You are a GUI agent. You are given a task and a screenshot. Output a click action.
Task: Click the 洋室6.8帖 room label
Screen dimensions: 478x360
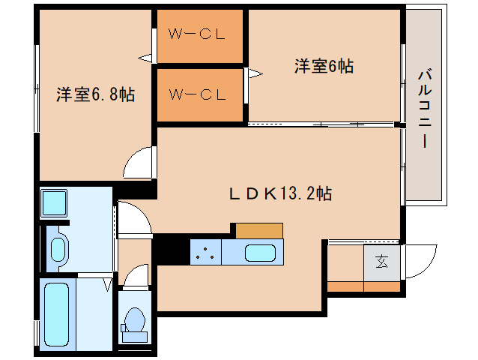[95, 94]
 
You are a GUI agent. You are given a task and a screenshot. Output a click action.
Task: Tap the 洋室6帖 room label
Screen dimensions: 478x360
[324, 66]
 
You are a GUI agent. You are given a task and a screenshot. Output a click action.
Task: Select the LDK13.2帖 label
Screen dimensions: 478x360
[280, 193]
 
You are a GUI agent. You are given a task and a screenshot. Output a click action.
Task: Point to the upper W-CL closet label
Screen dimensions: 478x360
[197, 34]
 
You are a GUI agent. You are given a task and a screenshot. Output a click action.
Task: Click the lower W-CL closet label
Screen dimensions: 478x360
[197, 94]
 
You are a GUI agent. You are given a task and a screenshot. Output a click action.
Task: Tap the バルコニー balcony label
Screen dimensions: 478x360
[425, 109]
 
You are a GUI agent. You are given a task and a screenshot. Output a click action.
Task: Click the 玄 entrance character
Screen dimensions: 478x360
[381, 262]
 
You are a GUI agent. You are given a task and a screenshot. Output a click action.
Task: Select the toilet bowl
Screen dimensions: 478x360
[134, 319]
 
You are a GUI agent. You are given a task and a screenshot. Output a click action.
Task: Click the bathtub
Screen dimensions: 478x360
[57, 314]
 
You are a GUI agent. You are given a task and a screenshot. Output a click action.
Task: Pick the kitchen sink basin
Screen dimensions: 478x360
[260, 253]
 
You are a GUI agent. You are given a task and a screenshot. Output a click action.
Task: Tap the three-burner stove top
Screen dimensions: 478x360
[205, 252]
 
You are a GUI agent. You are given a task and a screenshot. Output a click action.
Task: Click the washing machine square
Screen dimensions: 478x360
[54, 203]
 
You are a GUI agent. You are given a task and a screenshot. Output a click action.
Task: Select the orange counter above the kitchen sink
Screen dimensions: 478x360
[259, 231]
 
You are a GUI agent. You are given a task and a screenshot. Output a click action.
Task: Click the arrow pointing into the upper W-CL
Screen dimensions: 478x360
[145, 58]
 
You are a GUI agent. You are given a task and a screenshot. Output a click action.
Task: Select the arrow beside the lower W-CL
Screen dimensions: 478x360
[255, 73]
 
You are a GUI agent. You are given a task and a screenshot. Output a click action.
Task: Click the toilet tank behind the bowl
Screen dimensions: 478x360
[134, 337]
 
